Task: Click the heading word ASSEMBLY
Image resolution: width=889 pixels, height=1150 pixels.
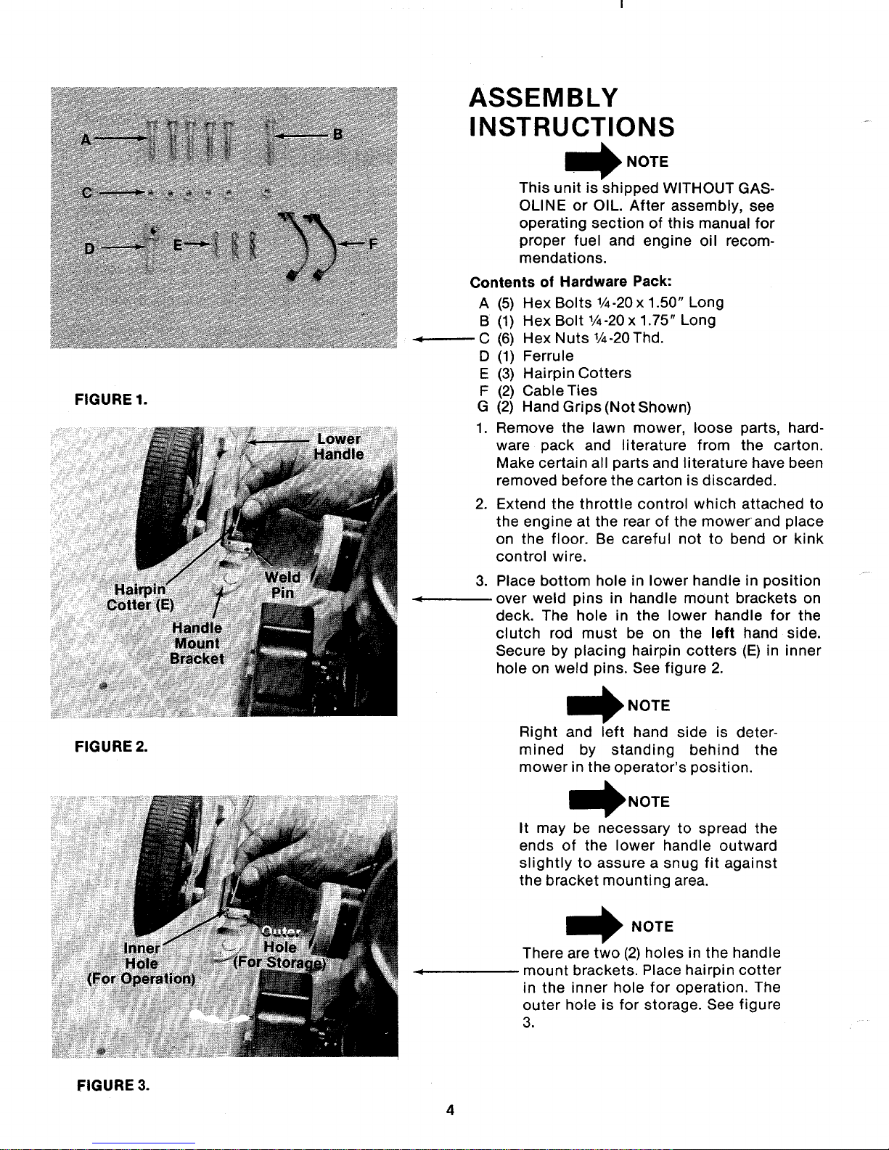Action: [x=544, y=98]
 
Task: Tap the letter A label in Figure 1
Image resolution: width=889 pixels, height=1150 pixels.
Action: [x=86, y=140]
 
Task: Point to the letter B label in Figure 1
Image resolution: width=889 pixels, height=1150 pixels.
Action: [x=337, y=134]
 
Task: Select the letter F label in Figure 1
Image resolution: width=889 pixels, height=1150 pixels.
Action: [x=373, y=244]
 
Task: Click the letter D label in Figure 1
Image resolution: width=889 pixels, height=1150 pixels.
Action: [x=89, y=248]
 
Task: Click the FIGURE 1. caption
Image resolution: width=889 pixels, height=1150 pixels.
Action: [x=111, y=400]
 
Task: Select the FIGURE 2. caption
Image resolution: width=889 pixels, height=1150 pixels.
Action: [x=111, y=747]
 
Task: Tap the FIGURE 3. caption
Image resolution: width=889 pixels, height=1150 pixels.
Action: [x=113, y=1085]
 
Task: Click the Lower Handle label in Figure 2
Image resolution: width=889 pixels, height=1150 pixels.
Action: [x=339, y=447]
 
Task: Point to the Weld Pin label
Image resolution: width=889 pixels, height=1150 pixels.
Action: [x=282, y=585]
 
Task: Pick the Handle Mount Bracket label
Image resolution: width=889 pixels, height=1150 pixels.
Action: [x=197, y=643]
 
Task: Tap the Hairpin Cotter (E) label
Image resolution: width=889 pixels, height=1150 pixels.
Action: [x=140, y=597]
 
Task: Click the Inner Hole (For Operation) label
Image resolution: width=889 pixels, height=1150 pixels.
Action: [x=142, y=964]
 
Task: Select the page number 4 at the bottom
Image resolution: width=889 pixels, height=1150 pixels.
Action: [x=451, y=1110]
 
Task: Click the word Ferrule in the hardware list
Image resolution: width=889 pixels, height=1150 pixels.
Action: [x=548, y=356]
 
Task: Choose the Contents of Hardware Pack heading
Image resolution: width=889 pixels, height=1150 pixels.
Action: [x=571, y=282]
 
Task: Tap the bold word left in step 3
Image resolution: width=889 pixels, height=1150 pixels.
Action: [x=722, y=633]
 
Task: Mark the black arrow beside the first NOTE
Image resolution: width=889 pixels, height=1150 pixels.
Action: [x=593, y=161]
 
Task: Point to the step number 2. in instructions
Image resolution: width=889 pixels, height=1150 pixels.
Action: [x=481, y=504]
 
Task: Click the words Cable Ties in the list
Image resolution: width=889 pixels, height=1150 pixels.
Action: [x=560, y=390]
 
